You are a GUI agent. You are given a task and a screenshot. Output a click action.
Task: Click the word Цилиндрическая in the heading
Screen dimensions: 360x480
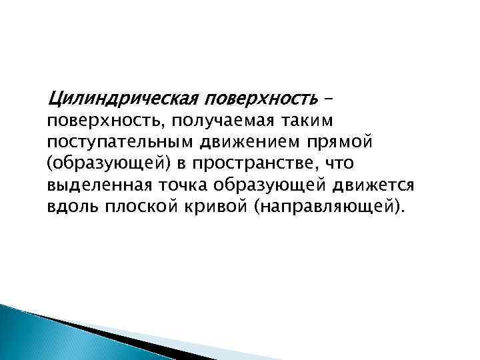point(120,100)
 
